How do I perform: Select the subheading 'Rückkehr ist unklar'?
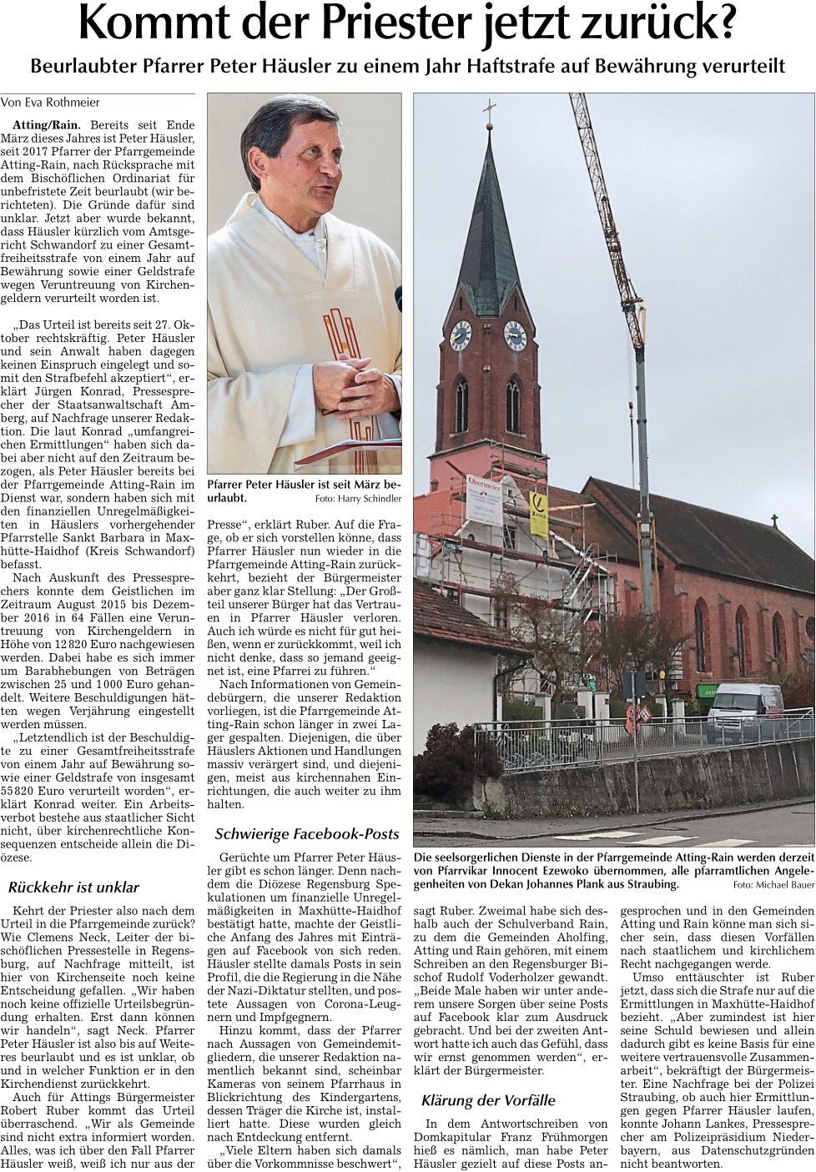(x=73, y=887)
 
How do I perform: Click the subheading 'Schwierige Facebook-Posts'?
(x=307, y=833)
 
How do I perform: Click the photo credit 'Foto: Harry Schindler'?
(x=358, y=499)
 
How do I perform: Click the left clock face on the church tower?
(x=460, y=335)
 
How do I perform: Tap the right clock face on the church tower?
(x=514, y=334)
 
